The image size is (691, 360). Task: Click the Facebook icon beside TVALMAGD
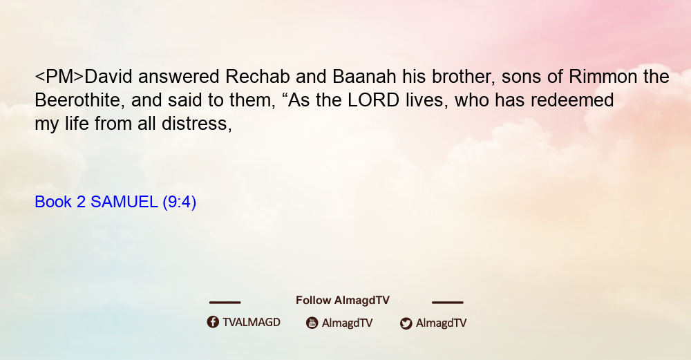[213, 322]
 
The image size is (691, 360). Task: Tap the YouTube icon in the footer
[312, 323]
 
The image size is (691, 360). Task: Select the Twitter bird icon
[406, 323]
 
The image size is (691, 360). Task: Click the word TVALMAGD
[252, 322]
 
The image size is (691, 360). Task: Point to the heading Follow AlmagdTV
[343, 300]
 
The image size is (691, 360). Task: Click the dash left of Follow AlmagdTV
[225, 302]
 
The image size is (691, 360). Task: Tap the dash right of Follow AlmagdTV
[448, 302]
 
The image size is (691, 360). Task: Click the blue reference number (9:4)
[180, 202]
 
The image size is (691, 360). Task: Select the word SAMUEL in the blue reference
[124, 202]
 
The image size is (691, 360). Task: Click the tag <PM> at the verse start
[59, 77]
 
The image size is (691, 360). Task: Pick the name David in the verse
[108, 77]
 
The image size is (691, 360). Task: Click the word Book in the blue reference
[53, 202]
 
